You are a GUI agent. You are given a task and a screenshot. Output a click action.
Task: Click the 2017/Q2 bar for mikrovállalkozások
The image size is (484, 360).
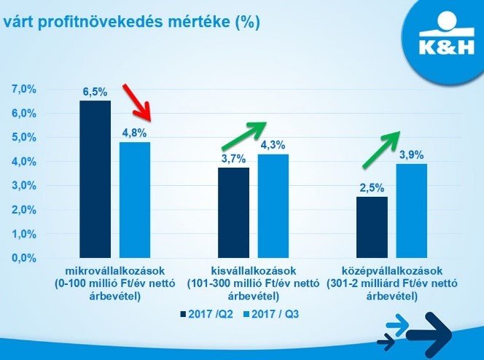95,179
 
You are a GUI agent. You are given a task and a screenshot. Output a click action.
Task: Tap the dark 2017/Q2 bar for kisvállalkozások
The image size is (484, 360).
233,213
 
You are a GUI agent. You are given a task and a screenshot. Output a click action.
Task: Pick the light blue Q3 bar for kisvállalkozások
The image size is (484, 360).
273,206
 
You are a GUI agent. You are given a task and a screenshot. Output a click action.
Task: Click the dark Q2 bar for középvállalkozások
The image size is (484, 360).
372,227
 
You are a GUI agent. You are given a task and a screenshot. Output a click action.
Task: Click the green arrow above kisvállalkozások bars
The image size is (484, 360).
244,135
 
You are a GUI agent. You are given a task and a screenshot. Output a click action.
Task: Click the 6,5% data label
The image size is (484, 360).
95,93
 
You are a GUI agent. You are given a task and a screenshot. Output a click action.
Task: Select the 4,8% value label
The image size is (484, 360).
135,133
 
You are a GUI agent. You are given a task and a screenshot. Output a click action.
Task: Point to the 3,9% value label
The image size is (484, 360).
411,154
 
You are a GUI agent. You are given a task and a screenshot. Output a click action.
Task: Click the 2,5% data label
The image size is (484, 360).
372,188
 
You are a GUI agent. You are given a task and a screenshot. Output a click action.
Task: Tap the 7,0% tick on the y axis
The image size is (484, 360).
24,89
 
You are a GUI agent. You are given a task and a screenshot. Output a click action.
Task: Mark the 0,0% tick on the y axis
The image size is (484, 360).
24,258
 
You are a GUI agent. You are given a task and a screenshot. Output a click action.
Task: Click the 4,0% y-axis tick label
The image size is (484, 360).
24,161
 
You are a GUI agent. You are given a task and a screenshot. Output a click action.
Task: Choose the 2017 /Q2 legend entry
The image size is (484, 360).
208,314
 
